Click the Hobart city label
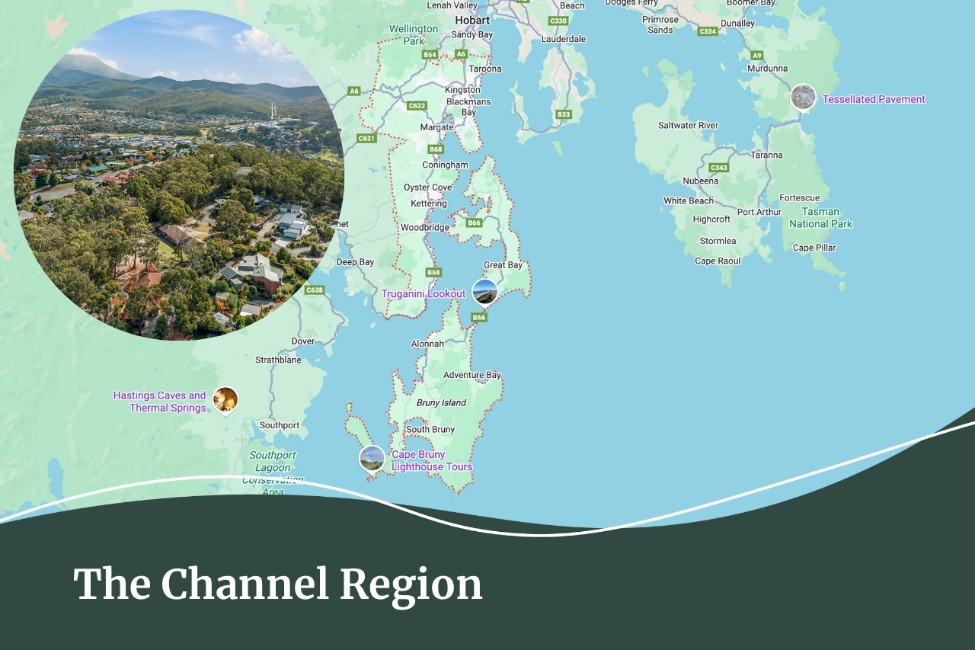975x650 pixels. (472, 21)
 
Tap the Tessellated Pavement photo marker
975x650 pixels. (803, 98)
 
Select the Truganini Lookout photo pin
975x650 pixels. (484, 292)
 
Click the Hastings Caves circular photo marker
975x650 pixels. (225, 399)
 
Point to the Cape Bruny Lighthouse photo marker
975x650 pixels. (372, 458)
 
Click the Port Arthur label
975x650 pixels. (759, 212)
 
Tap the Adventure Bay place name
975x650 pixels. (472, 375)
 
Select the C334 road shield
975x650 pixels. (708, 31)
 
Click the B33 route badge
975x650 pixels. (564, 114)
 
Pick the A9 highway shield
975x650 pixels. (756, 56)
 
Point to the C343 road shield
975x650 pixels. (718, 168)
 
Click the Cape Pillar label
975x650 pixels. (814, 248)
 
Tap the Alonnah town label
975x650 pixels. (427, 344)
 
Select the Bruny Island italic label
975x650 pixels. (441, 402)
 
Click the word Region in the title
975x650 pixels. (411, 585)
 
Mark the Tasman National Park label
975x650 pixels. (820, 218)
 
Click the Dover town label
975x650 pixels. (302, 341)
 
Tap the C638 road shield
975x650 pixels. (315, 290)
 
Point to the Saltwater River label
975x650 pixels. (688, 125)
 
